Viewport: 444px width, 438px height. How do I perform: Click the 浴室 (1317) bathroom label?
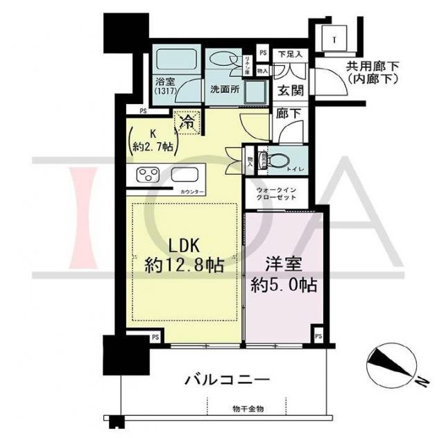tap(166, 86)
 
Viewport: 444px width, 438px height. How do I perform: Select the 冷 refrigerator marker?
tap(187, 123)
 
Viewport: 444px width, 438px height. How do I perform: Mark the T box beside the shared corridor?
tap(334, 39)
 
